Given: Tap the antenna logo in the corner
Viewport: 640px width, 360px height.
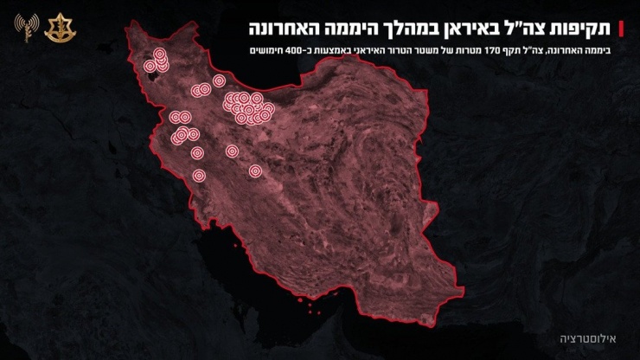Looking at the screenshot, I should pyautogui.click(x=21, y=29).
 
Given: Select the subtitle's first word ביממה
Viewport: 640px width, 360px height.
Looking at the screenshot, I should pyautogui.click(x=597, y=50).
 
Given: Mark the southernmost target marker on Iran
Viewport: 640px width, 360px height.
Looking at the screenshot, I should pyautogui.click(x=198, y=176).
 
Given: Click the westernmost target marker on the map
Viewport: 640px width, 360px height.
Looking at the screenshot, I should pyautogui.click(x=150, y=66).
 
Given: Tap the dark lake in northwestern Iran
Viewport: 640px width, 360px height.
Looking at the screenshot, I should pyautogui.click(x=157, y=74).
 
